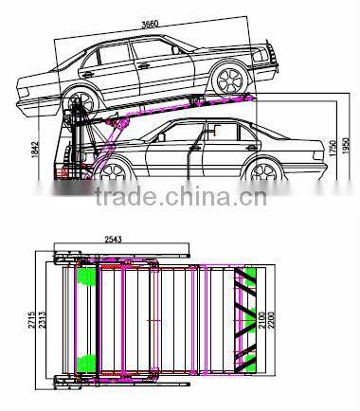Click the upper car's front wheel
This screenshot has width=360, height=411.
234,80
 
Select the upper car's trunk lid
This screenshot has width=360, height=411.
38,74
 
